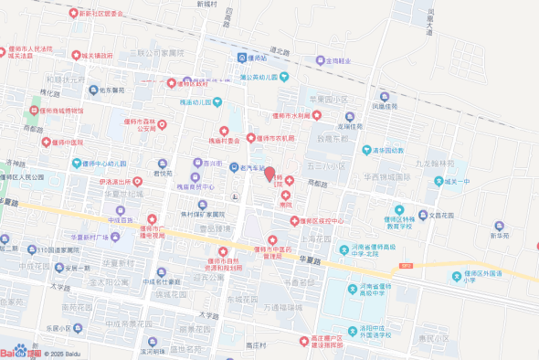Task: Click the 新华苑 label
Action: [x=499, y=236]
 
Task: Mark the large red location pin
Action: [x=269, y=173]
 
